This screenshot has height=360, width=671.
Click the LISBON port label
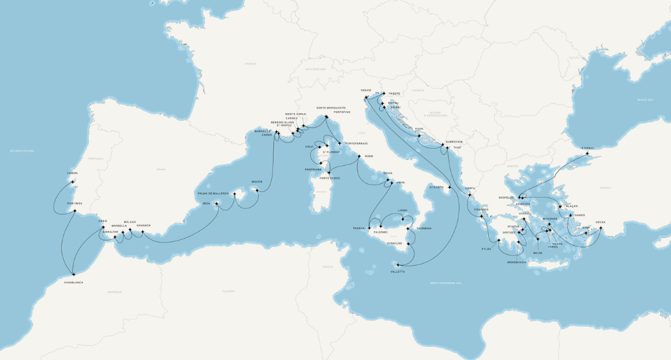pos(72,173)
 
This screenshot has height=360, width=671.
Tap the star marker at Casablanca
pos(73,274)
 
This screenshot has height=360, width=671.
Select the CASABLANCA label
pos(73,283)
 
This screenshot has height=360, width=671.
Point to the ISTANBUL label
pos(588,148)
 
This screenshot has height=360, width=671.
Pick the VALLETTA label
pos(398,272)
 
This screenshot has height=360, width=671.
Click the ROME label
pos(369,157)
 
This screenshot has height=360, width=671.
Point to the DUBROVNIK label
pos(454,142)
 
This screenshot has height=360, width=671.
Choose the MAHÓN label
pos(257,181)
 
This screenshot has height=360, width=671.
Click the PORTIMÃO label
pos(74,203)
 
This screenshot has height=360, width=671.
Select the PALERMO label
pos(380,232)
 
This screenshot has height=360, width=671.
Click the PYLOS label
pos(486,249)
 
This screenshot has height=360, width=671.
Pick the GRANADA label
pos(144,225)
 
